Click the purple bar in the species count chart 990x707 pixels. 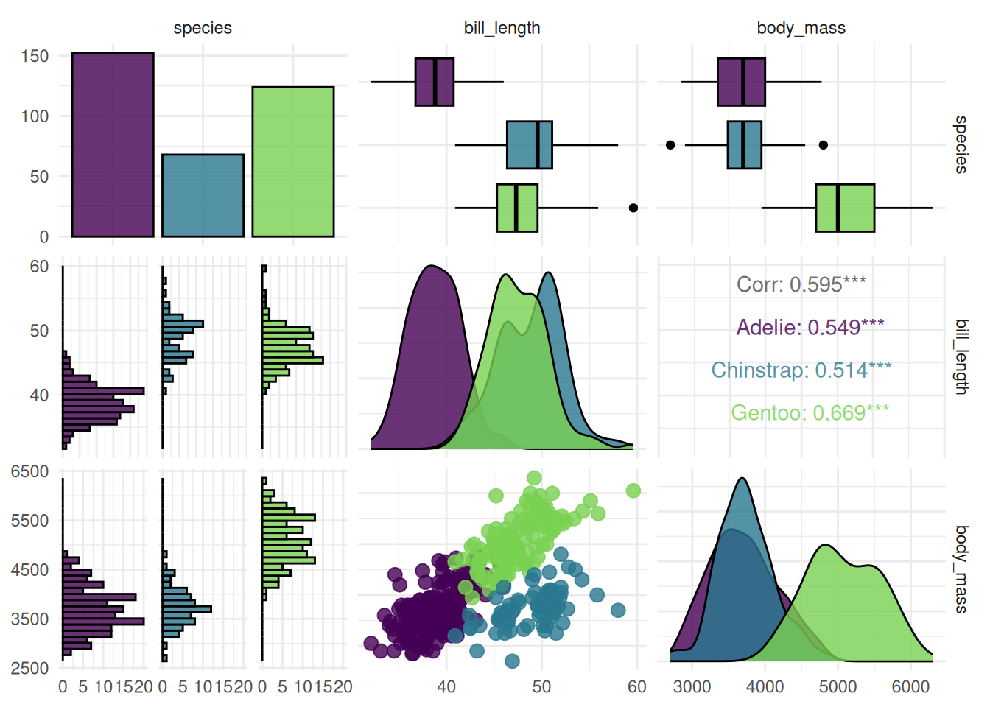tap(113, 145)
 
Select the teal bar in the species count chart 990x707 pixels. tap(203, 195)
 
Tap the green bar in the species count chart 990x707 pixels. tap(293, 162)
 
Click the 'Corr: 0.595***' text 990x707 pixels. tap(801, 284)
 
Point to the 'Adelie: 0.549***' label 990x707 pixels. tap(810, 327)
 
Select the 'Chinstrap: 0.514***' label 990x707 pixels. tap(801, 370)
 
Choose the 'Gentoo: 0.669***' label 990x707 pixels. tap(810, 412)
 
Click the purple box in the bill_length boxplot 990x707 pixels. tap(435, 82)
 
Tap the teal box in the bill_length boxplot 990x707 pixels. tap(529, 145)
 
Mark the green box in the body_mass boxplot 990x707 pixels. tap(845, 208)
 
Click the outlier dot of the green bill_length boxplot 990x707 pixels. tap(633, 208)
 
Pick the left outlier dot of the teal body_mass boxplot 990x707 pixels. tap(670, 145)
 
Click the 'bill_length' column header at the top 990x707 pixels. tap(502, 28)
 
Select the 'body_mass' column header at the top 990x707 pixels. tap(801, 28)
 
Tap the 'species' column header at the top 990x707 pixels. tap(203, 28)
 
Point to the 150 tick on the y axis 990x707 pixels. tap(35, 56)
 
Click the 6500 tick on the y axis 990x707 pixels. tap(29, 471)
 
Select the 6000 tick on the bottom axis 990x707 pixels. tap(910, 686)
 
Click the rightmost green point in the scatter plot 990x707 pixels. tap(633, 490)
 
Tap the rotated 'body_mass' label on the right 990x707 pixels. tap(961, 569)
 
